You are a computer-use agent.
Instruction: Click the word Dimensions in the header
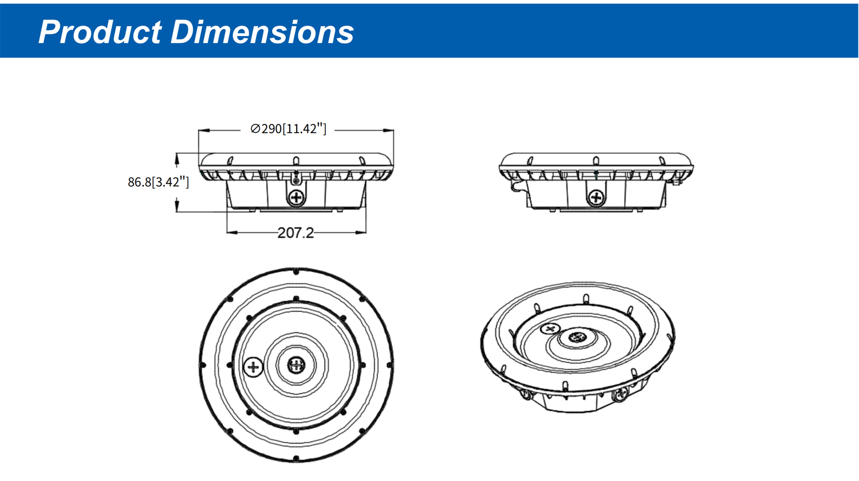coord(262,32)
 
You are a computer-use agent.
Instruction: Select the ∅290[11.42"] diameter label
coord(289,129)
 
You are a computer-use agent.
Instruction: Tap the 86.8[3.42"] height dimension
coord(158,182)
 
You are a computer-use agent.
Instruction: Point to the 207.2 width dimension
coord(295,233)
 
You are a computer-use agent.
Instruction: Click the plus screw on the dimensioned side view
coord(296,198)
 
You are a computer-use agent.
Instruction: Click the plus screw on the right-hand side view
coord(596,198)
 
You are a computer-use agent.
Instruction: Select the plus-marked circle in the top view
coord(253,366)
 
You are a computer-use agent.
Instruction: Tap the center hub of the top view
coord(296,364)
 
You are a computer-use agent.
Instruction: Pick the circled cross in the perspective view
coord(550,329)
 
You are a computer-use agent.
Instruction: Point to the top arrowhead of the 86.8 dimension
coord(177,156)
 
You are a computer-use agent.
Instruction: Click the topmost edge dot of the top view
coord(296,272)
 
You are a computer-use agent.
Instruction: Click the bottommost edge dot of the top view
coord(296,458)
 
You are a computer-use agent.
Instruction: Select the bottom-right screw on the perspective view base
coord(620,394)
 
